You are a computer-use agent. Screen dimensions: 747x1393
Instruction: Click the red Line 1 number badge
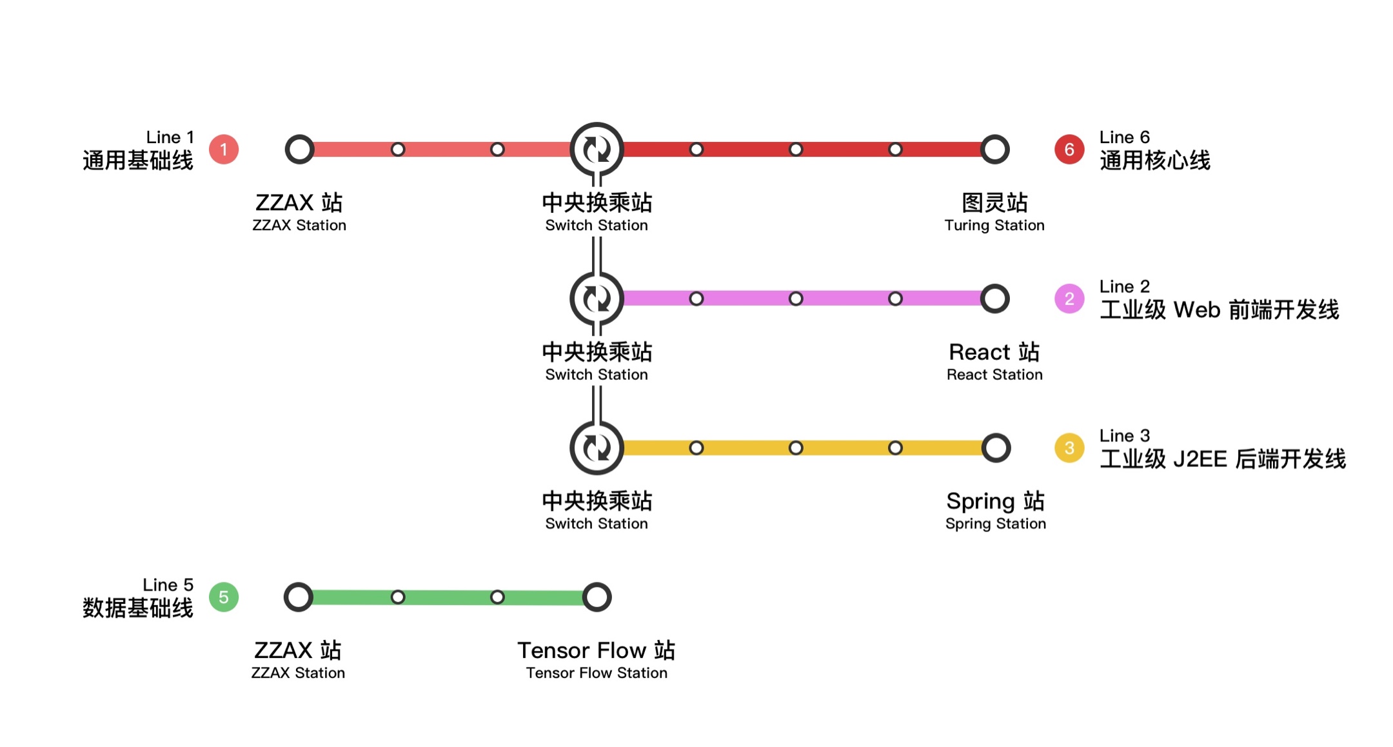tap(224, 150)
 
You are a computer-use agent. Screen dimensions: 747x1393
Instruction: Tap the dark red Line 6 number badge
tap(1069, 150)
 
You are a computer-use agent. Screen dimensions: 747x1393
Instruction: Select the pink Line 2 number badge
tap(1069, 299)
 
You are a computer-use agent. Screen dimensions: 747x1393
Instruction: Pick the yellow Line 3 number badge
tap(1069, 448)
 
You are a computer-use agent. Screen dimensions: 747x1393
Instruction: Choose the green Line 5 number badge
tap(224, 597)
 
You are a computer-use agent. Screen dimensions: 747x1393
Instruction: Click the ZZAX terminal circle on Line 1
tap(299, 150)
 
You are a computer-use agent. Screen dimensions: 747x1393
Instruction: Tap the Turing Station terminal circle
tap(994, 150)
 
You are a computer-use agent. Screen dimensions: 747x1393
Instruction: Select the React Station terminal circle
tap(994, 299)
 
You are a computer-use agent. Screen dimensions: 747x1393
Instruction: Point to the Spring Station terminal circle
tap(996, 448)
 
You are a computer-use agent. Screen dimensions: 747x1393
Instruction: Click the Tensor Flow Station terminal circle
tap(597, 597)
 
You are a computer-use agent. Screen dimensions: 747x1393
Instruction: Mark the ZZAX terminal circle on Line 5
tap(299, 597)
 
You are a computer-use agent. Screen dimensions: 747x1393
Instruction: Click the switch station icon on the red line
tap(597, 150)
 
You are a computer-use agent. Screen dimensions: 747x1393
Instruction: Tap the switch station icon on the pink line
tap(597, 299)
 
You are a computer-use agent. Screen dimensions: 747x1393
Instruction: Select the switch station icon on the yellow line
tap(597, 448)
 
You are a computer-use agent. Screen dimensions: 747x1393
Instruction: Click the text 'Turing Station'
tap(994, 225)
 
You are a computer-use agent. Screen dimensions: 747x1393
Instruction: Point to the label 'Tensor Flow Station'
tap(597, 673)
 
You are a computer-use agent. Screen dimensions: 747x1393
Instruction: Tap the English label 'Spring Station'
tap(995, 524)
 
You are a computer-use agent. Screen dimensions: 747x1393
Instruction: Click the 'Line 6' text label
tap(1124, 137)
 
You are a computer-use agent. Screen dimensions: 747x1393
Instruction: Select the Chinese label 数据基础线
tap(137, 608)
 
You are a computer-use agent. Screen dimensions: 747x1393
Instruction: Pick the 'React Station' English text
tap(994, 375)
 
